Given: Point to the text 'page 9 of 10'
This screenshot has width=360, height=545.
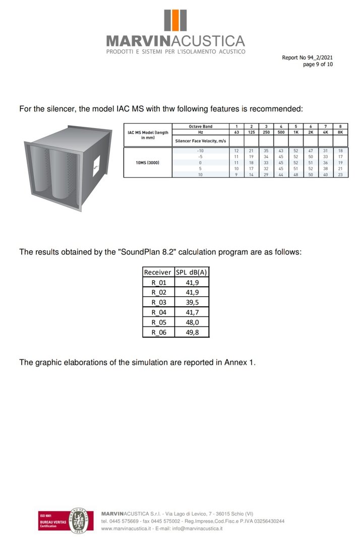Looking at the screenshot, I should click(318, 64).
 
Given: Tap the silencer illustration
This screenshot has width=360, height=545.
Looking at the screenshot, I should click(68, 167).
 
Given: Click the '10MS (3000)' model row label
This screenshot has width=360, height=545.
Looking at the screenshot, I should click(147, 162).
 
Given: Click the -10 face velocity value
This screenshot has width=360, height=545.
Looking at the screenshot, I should click(200, 151).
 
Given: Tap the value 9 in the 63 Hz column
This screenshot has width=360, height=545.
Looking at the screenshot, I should click(236, 174).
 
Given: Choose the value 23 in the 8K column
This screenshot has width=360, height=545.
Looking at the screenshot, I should click(340, 174).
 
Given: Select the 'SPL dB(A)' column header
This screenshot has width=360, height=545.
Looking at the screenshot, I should click(192, 272).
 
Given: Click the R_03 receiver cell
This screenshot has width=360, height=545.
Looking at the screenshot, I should click(158, 302).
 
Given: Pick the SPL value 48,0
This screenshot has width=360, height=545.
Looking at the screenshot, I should click(192, 322).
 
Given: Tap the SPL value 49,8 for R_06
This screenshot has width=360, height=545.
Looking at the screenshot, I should click(192, 332).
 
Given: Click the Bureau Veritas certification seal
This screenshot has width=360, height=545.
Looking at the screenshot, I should click(80, 519).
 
